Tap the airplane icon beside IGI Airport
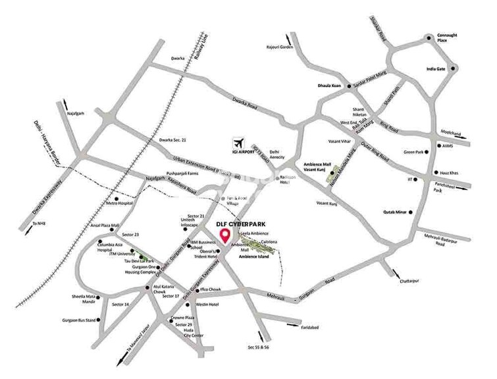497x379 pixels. click(x=238, y=143)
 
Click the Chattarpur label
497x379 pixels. click(x=408, y=281)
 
